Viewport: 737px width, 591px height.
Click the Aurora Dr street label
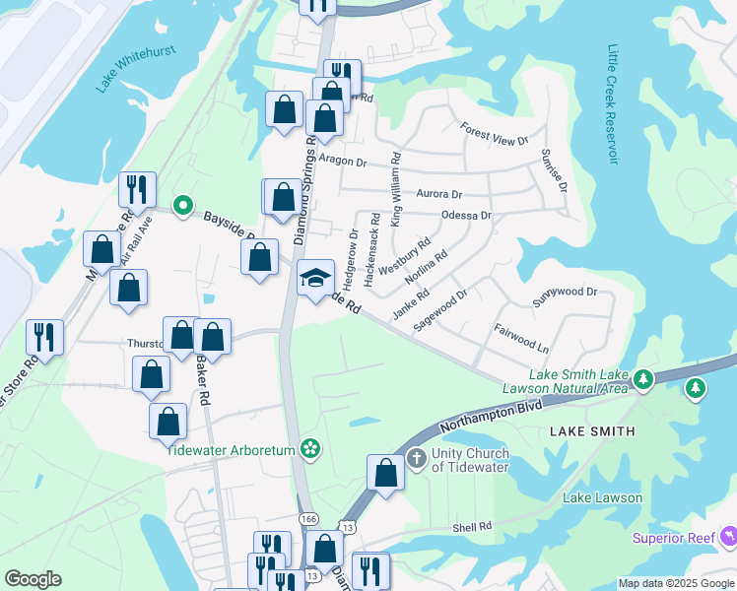click(x=439, y=194)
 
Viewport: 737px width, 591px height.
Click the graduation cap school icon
click(x=316, y=279)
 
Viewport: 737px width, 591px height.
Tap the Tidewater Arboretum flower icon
click(x=310, y=449)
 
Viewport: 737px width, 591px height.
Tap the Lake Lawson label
click(x=602, y=497)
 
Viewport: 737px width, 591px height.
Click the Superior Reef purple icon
click(x=729, y=537)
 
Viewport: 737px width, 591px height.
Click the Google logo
click(x=33, y=579)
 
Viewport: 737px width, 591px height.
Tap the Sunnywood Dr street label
click(x=565, y=293)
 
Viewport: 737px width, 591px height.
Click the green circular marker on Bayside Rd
click(x=182, y=206)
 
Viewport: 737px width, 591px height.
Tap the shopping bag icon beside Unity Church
click(x=386, y=472)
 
